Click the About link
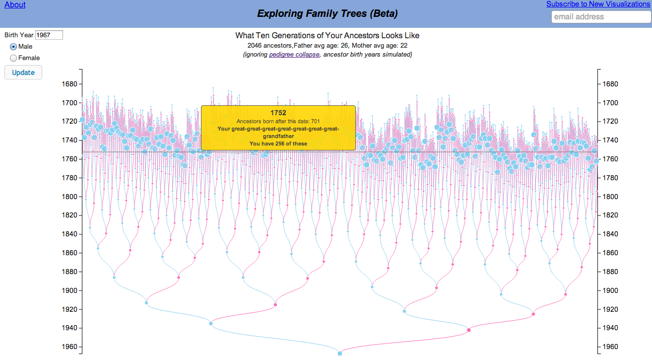(x=15, y=4)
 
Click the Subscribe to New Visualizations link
(x=598, y=4)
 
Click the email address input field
(x=600, y=17)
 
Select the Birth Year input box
(x=49, y=35)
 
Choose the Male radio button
(x=13, y=47)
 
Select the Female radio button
(x=13, y=58)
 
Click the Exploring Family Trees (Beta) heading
(x=327, y=14)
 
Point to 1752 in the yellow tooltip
(x=278, y=113)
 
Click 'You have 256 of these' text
(x=278, y=144)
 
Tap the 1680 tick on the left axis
(x=69, y=84)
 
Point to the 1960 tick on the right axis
(x=610, y=347)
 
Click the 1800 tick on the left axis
(x=69, y=197)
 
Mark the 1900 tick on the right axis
(x=610, y=290)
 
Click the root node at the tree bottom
(x=340, y=353)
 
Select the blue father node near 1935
(x=211, y=324)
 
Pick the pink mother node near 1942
(x=468, y=330)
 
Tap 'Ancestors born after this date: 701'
(x=278, y=121)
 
